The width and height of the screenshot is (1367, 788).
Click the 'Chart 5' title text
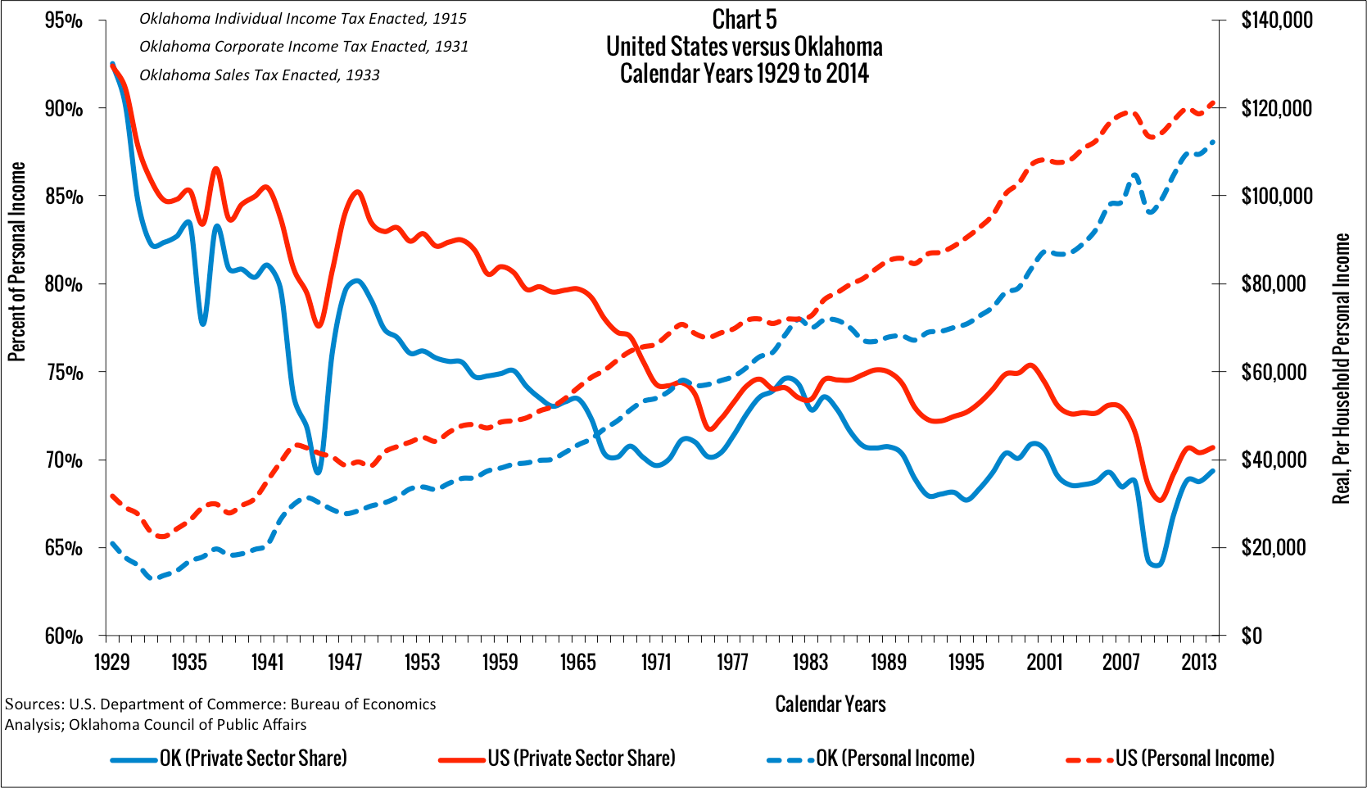(x=744, y=19)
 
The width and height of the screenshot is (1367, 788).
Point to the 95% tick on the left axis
(x=63, y=20)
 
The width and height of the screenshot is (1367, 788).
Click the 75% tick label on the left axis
(x=63, y=373)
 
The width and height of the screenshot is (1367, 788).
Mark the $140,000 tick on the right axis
(x=1276, y=20)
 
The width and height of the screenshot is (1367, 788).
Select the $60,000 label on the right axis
(x=1273, y=372)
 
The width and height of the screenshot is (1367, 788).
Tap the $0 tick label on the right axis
(x=1252, y=636)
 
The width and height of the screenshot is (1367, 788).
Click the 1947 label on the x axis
(x=345, y=662)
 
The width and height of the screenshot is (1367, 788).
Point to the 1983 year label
(x=810, y=662)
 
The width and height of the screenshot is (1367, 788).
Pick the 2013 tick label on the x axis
(x=1198, y=662)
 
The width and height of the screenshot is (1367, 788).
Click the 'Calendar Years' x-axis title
(x=831, y=704)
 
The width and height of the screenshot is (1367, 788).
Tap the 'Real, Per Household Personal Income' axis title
(x=1341, y=369)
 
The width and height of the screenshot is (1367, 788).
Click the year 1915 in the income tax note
(x=449, y=18)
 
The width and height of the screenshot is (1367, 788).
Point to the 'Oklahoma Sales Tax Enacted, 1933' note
(x=260, y=75)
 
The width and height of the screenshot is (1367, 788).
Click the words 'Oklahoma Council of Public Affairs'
(x=188, y=725)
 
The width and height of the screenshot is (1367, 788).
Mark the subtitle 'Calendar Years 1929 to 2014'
(x=744, y=74)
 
